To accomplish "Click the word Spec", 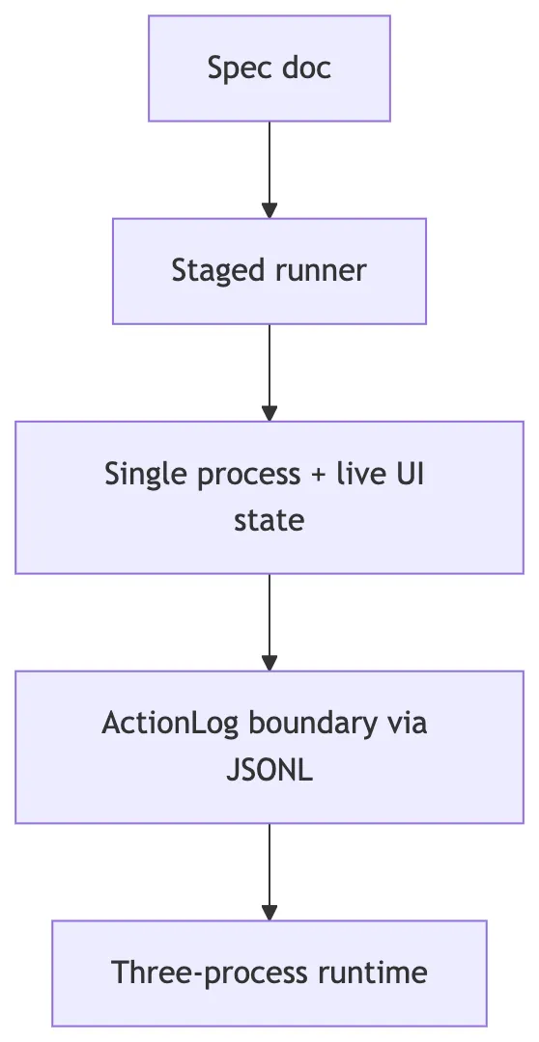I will click(x=228, y=69).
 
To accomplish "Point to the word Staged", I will click(x=208, y=270).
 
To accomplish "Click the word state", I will click(x=269, y=521).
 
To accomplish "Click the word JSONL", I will click(x=269, y=771).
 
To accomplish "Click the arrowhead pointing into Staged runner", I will click(x=269, y=210).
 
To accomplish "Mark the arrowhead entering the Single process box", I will click(x=269, y=412).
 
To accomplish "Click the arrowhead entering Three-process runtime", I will click(x=269, y=912).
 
